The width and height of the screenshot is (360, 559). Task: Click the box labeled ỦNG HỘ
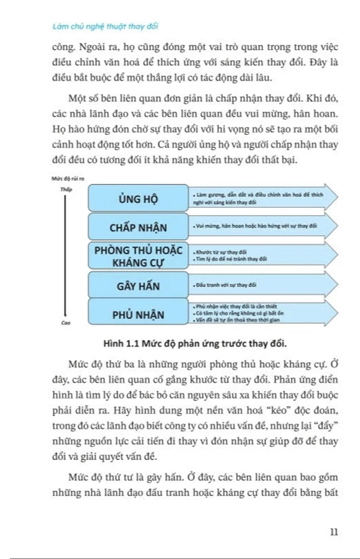pos(137,199)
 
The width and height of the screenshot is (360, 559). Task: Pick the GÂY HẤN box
pos(137,287)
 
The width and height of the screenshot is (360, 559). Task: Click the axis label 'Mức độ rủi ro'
pos(69,179)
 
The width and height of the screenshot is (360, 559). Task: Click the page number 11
pos(334,532)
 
